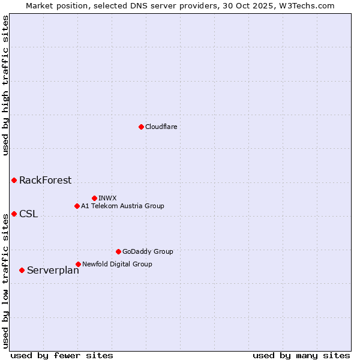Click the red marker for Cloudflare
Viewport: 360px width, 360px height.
[x=141, y=127]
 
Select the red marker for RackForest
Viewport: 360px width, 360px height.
[x=14, y=180]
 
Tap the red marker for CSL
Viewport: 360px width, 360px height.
[x=14, y=214]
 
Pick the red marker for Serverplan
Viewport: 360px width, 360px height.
[x=22, y=270]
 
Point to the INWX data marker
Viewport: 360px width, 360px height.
[x=94, y=198]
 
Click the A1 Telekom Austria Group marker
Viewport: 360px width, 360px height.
[x=77, y=206]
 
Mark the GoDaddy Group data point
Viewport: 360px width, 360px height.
[x=118, y=251]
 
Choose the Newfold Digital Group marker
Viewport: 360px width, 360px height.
[x=78, y=264]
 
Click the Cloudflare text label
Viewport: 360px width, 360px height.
[x=161, y=127]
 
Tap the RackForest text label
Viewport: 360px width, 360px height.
[x=45, y=180]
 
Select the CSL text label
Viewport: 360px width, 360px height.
[x=28, y=214]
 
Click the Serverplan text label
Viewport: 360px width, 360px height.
[x=53, y=271]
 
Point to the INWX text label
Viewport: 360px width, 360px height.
[x=107, y=198]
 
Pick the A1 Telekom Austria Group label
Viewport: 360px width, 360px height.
[x=122, y=206]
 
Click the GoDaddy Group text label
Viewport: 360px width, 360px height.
[x=148, y=251]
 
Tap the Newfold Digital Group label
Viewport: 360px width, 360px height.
[x=117, y=264]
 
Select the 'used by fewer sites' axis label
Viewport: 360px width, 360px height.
[x=62, y=355]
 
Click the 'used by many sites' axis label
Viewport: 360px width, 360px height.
[x=301, y=355]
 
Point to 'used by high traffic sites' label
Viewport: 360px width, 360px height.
[x=5, y=85]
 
